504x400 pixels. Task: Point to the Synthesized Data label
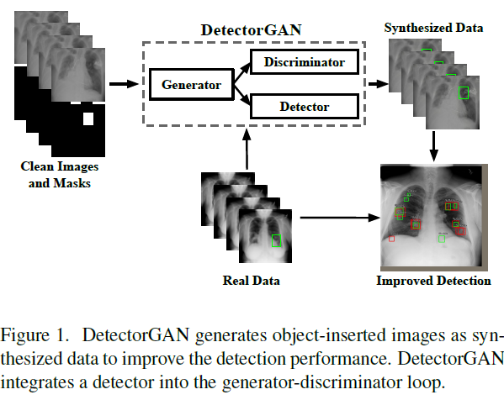pos(433,27)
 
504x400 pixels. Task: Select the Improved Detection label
pos(433,281)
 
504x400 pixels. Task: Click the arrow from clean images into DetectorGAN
pos(124,83)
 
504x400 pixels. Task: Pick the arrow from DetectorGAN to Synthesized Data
pos(378,83)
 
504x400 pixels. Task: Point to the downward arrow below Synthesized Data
pos(435,147)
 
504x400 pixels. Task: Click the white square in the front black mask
pos(87,119)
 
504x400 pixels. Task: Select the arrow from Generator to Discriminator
pos(239,71)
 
